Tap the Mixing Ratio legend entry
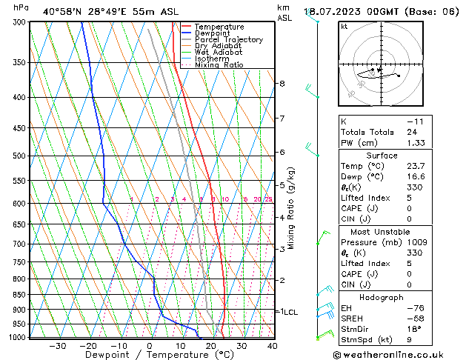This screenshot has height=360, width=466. tap(223, 65)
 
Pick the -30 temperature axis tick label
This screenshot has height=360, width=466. tap(57, 346)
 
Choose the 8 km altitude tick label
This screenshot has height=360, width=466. tap(282, 84)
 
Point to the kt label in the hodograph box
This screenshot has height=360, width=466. tap(344, 27)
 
